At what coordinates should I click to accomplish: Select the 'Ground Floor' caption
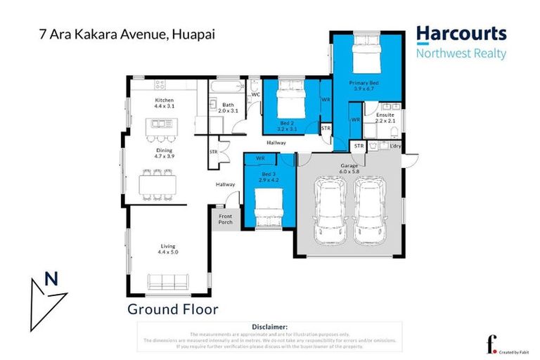point(173,309)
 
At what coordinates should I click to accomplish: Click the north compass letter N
point(51,279)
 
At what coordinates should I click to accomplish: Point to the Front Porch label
point(225,219)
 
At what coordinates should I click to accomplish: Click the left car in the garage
point(329,207)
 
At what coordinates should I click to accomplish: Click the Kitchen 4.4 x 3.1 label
point(164,103)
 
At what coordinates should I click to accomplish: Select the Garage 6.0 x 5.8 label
point(349,168)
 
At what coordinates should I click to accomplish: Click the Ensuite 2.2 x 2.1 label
point(385,117)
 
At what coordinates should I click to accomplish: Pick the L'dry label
point(394,146)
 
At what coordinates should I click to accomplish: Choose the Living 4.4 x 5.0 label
point(167,248)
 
